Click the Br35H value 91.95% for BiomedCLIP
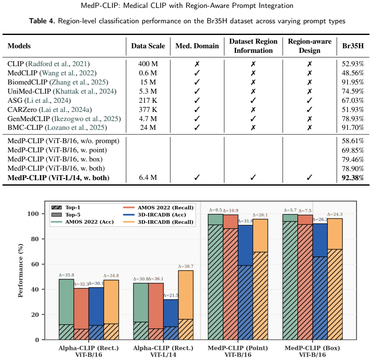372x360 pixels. (353, 82)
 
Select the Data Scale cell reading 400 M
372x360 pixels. (148, 64)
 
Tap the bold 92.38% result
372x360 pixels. (353, 178)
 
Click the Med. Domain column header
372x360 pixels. (197, 46)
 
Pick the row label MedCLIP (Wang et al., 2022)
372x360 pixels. (52, 73)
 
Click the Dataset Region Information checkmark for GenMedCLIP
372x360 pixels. (253, 119)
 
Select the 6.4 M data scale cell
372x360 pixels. (148, 178)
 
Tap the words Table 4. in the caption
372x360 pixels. (42, 21)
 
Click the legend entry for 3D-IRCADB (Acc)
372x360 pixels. (158, 215)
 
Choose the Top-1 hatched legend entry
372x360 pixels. (66, 208)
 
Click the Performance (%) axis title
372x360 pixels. (20, 271)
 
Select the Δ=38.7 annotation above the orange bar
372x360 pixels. (185, 266)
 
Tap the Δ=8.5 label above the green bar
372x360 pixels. (215, 210)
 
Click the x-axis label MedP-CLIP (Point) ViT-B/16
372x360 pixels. (238, 351)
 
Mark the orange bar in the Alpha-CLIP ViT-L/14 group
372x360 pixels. (185, 305)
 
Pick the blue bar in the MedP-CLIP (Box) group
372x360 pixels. (320, 282)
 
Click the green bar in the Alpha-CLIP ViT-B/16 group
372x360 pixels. (66, 310)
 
